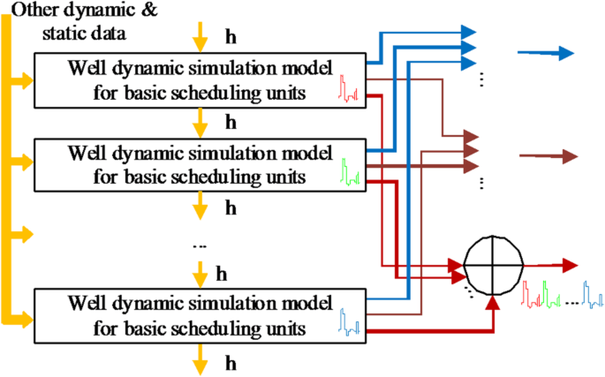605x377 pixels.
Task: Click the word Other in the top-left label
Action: [x=31, y=11]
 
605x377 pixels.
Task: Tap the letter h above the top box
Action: [x=232, y=38]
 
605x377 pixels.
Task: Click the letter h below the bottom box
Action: [x=232, y=362]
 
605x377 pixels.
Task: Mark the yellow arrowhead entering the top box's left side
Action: [x=26, y=81]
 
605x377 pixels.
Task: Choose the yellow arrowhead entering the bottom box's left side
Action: [x=26, y=316]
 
